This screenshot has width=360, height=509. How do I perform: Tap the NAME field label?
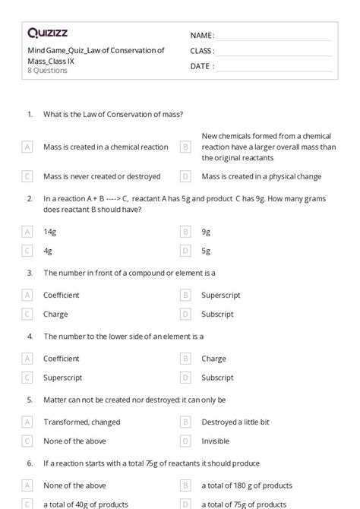pos(202,36)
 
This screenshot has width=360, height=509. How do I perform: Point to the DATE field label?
pos(201,66)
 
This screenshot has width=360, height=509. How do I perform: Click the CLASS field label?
pos(202,51)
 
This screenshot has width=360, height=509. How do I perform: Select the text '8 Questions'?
pos(47,71)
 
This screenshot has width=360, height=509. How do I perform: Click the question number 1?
pos(30,114)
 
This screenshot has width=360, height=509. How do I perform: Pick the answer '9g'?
pos(207,231)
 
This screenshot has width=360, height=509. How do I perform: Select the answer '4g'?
pos(48,250)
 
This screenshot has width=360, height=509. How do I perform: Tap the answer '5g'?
pos(207,250)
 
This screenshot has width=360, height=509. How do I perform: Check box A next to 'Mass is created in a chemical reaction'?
pos(27,147)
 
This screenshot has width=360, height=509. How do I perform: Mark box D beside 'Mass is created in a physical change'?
pos(185,176)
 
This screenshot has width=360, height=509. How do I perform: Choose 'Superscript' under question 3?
pos(219,295)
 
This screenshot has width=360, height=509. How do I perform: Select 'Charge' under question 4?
pos(213,359)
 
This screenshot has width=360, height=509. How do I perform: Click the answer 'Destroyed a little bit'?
pos(235,422)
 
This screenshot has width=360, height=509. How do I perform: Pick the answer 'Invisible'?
pos(215,441)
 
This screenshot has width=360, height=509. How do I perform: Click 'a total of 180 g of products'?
pos(248,485)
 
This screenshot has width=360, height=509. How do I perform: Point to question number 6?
pos(30,463)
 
